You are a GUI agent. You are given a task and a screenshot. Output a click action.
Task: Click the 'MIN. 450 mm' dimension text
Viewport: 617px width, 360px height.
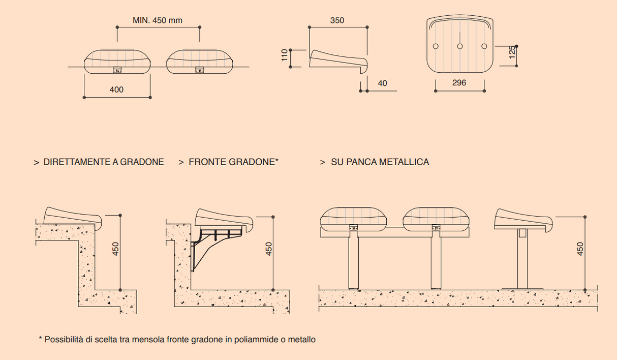tap(157, 20)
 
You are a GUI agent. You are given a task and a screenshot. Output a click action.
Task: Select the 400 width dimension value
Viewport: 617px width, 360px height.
tap(116, 89)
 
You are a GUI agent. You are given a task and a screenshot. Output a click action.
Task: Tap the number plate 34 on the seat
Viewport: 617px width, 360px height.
tap(117, 71)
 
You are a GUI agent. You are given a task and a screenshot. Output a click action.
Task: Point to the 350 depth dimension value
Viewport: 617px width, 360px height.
tap(337, 20)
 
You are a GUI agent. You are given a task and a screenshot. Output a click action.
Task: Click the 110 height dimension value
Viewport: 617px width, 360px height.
tap(285, 55)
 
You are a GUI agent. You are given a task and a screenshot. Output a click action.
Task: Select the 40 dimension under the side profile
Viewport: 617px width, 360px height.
tap(382, 83)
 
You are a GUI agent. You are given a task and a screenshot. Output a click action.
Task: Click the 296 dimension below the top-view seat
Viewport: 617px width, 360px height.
tap(459, 83)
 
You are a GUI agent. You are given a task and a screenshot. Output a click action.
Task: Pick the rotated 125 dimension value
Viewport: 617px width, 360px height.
tap(512, 52)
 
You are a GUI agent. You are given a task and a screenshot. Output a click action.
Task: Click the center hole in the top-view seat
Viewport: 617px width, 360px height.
tap(459, 46)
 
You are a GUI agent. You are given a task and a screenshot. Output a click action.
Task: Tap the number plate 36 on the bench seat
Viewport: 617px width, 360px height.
tap(354, 228)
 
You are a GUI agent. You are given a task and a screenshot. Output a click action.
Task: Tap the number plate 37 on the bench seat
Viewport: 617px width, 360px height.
tap(436, 228)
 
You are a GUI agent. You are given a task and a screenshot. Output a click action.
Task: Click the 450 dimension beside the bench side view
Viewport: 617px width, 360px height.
tap(581, 249)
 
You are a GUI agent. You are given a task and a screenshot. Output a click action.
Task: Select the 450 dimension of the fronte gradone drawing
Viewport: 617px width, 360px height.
tap(269, 249)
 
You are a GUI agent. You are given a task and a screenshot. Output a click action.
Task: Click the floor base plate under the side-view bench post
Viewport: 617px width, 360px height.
tap(522, 289)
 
